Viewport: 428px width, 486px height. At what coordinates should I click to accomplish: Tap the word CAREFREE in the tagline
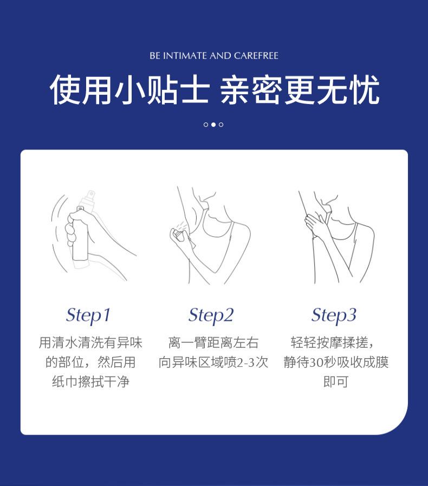tap(256, 56)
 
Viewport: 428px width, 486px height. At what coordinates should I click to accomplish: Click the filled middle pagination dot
tap(213, 125)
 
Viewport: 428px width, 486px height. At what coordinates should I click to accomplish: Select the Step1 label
tap(88, 315)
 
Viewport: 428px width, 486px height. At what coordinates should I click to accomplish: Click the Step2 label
tap(211, 315)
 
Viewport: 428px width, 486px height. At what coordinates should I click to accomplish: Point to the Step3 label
tap(334, 315)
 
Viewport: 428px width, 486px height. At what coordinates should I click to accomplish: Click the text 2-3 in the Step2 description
tap(246, 362)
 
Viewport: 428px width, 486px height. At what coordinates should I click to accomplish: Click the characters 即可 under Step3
tap(336, 381)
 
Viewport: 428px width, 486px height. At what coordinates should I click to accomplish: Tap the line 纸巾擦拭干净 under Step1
tap(90, 381)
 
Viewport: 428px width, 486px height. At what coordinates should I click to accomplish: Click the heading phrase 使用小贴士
tap(129, 90)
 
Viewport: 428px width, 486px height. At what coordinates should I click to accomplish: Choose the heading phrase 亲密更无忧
tap(300, 90)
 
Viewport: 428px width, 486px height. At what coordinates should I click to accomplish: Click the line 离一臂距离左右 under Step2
tap(213, 342)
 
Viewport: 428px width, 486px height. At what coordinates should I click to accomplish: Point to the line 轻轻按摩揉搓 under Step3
tap(329, 342)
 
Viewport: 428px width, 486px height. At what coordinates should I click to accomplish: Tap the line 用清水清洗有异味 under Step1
tap(90, 342)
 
